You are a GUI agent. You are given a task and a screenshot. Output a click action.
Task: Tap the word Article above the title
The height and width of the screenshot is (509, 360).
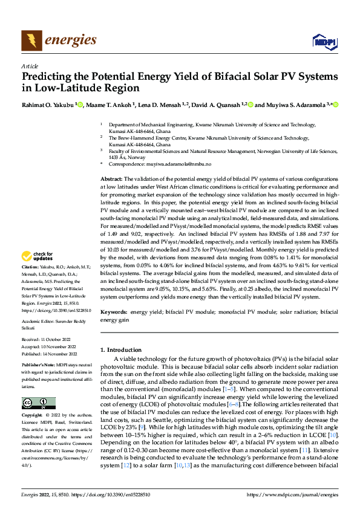tap(30, 66)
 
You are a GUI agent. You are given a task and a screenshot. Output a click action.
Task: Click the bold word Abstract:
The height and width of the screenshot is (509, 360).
tap(111, 180)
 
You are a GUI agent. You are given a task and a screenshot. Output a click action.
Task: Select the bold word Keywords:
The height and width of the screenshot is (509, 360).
tap(114, 312)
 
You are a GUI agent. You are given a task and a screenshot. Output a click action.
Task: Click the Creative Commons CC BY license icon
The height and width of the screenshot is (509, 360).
tap(38, 403)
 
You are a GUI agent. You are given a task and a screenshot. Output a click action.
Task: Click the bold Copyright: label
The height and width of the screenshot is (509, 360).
tap(34, 417)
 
